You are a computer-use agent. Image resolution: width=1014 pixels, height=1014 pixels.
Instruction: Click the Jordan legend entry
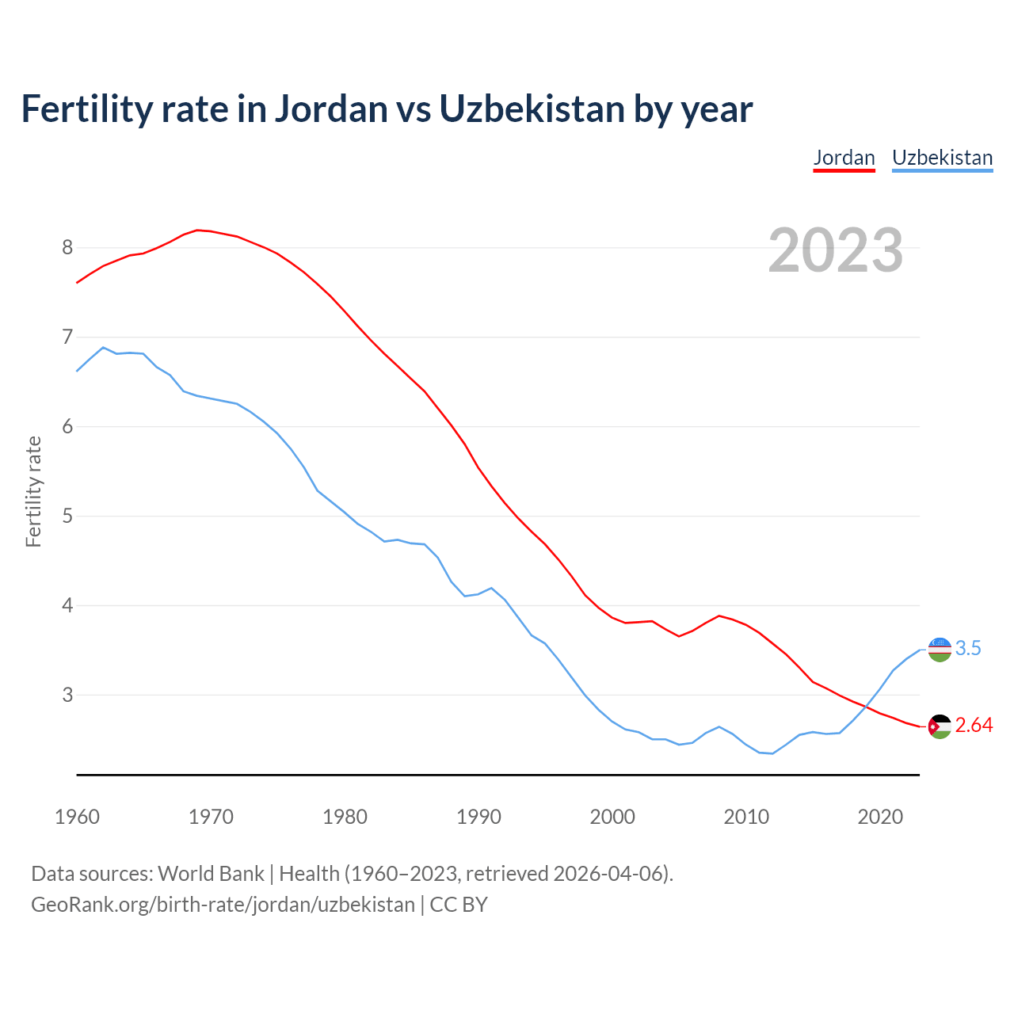[x=844, y=158]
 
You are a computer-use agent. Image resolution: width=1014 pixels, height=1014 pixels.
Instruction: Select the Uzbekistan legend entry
[x=942, y=158]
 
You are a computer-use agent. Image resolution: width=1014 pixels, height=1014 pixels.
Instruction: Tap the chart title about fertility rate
[x=387, y=109]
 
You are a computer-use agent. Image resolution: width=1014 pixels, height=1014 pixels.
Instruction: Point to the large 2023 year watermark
[x=836, y=250]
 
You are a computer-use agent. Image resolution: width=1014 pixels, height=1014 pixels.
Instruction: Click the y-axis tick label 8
[x=67, y=248]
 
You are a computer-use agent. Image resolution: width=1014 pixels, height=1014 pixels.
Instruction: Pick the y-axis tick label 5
[x=67, y=517]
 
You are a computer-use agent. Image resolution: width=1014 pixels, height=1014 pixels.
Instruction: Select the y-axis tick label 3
[x=67, y=695]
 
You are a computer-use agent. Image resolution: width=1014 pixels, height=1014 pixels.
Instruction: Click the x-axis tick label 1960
[x=77, y=817]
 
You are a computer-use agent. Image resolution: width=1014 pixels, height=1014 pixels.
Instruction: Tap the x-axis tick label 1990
[x=478, y=817]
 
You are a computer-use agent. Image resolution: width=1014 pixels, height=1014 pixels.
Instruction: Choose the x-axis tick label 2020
[x=880, y=817]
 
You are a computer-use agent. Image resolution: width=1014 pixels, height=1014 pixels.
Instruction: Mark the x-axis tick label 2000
[x=612, y=817]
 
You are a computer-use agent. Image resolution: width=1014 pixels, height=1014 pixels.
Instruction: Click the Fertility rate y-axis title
[x=33, y=491]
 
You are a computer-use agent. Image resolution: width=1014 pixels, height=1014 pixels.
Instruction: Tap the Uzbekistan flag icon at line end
[x=940, y=649]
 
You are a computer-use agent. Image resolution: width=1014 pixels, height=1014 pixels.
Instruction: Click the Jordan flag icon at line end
[x=940, y=726]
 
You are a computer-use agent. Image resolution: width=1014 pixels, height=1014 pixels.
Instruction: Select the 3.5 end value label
[x=968, y=649]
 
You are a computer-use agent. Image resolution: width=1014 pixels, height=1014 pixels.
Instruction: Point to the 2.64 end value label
[x=974, y=726]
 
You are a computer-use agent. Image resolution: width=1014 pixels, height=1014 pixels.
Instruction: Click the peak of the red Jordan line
[x=198, y=230]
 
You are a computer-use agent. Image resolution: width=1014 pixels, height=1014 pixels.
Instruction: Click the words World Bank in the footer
[x=211, y=874]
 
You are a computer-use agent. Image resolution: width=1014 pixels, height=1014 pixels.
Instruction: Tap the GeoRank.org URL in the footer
[x=223, y=905]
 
